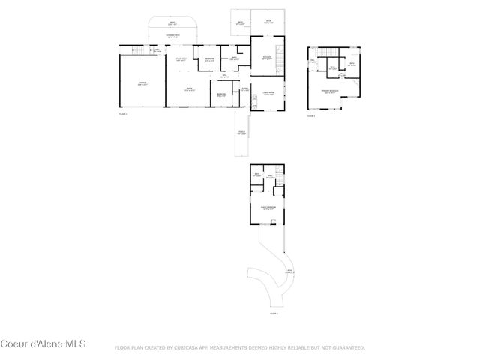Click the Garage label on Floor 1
(142, 84)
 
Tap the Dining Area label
(181, 58)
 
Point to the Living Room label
(268, 94)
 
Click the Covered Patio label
(172, 36)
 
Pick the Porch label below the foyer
(242, 133)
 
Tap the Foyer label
(245, 89)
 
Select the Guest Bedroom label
(268, 208)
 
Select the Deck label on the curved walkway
(289, 271)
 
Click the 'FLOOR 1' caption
(123, 113)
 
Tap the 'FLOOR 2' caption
(311, 116)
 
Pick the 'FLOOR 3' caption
(274, 313)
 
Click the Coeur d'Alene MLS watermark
(43, 345)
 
